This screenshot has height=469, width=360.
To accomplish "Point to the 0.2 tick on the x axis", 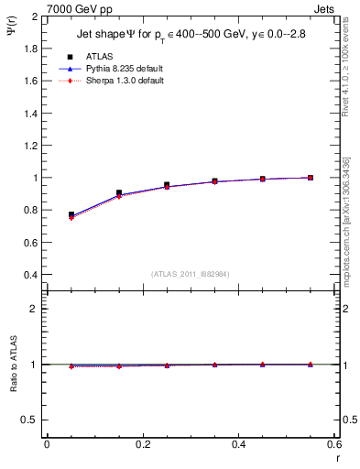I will (x=142, y=444).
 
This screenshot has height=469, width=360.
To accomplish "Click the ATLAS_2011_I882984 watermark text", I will (x=190, y=274).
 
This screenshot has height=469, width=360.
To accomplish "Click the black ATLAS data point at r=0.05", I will (x=71, y=214).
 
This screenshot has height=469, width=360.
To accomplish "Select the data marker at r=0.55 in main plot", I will (x=311, y=178).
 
